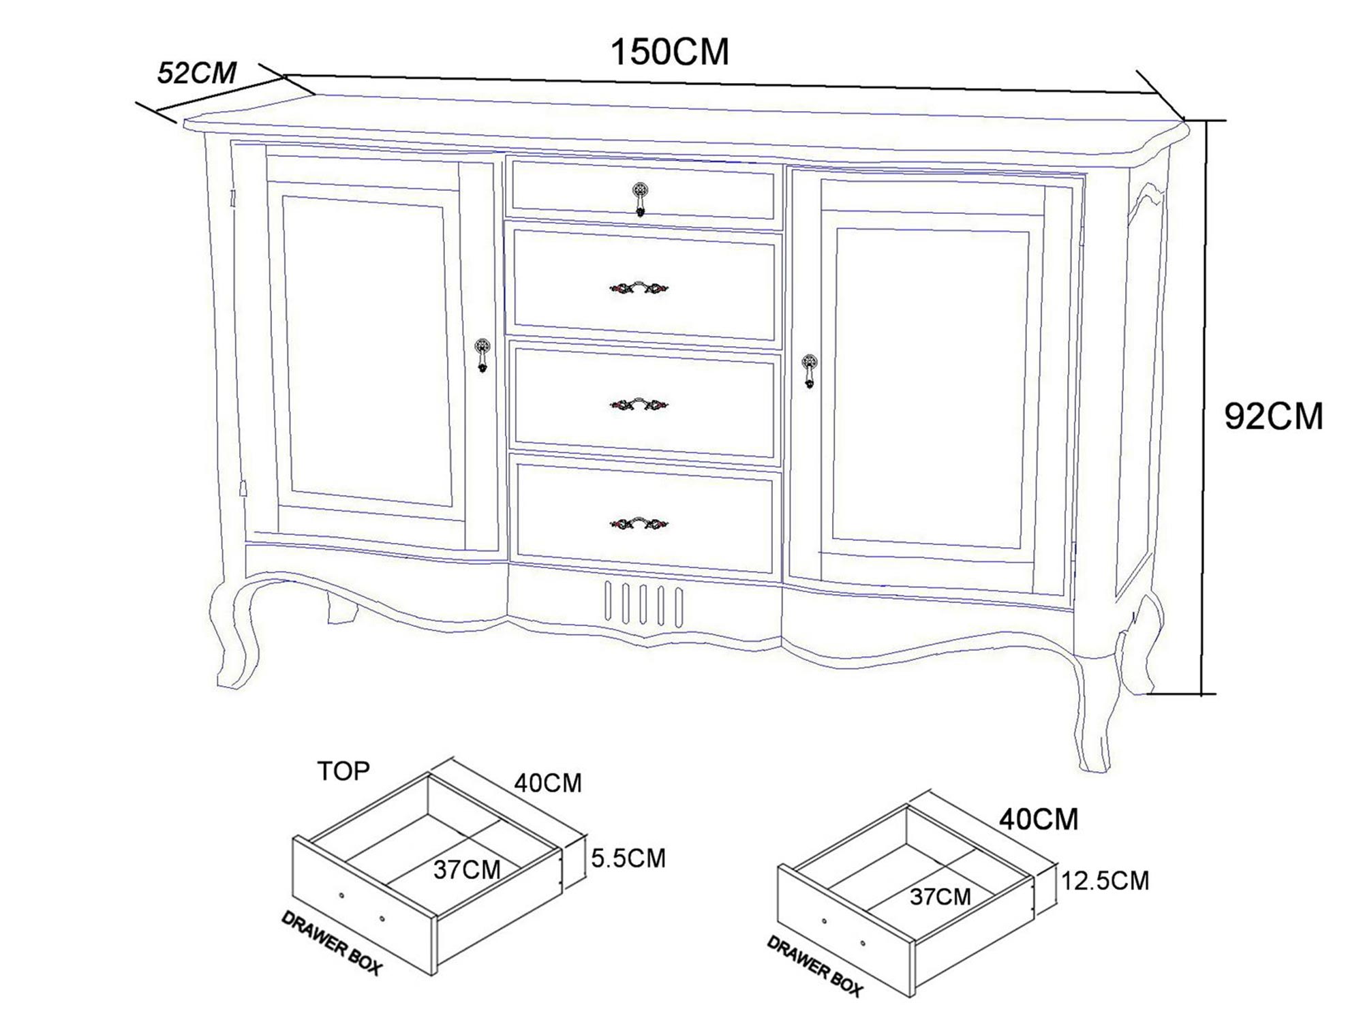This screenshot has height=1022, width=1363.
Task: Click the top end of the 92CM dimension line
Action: pyautogui.click(x=1204, y=121)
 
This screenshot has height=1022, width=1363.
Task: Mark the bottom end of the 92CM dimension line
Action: pyautogui.click(x=1204, y=694)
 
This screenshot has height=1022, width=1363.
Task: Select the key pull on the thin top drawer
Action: pyautogui.click(x=639, y=198)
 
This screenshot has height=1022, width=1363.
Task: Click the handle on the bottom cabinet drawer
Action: pyautogui.click(x=639, y=523)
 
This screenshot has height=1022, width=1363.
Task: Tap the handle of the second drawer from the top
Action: pyautogui.click(x=639, y=288)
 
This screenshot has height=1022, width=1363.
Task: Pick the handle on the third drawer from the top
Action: pyautogui.click(x=639, y=405)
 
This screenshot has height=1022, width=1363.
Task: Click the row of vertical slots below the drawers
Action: pyautogui.click(x=643, y=603)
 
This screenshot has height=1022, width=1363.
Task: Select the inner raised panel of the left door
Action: pyautogui.click(x=367, y=352)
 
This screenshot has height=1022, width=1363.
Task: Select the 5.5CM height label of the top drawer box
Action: pyautogui.click(x=628, y=858)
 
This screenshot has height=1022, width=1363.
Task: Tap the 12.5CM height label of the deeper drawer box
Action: pyautogui.click(x=1105, y=881)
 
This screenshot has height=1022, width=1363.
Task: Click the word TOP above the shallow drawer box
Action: pyautogui.click(x=343, y=771)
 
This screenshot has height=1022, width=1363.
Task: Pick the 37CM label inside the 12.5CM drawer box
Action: pyautogui.click(x=940, y=897)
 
